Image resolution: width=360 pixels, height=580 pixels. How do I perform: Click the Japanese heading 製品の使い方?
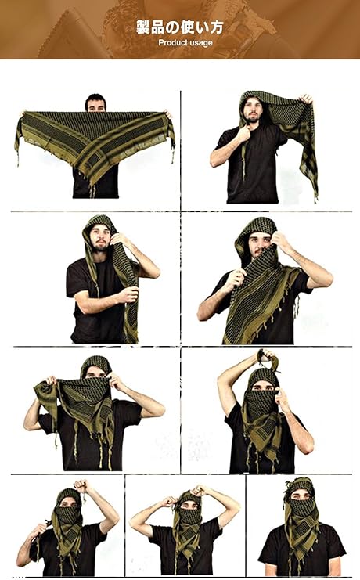[x=180, y=27]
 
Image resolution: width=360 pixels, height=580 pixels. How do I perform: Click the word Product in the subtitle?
[x=171, y=42]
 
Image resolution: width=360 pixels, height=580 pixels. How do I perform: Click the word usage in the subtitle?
[x=200, y=43]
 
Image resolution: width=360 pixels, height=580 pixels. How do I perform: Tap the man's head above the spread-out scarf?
[x=95, y=103]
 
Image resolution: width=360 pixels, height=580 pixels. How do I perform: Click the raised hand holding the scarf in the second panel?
[x=306, y=99]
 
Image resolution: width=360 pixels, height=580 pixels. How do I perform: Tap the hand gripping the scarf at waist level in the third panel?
[x=128, y=295]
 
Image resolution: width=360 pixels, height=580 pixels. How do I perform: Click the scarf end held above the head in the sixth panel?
[x=268, y=358]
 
